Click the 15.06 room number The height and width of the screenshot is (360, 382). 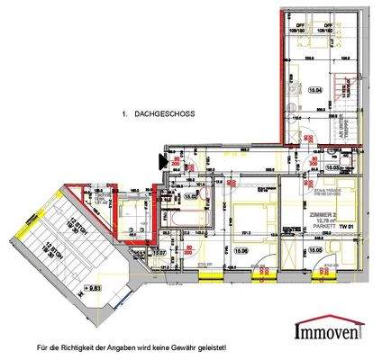239,250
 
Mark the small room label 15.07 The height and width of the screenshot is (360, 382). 159,253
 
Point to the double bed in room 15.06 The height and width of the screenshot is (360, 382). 241,220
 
